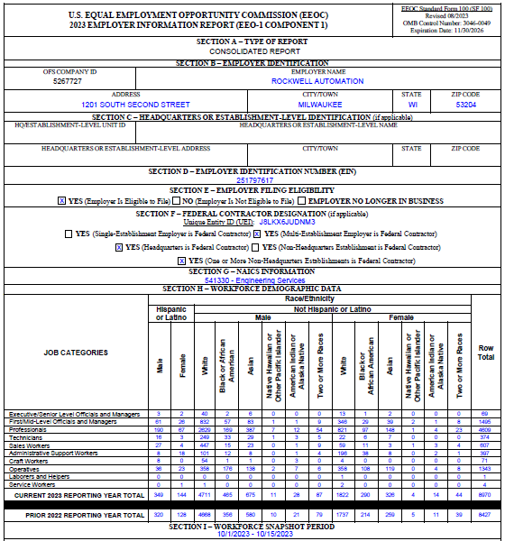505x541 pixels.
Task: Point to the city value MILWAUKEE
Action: (321, 105)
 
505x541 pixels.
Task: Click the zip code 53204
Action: (465, 105)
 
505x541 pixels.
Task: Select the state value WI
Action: (412, 105)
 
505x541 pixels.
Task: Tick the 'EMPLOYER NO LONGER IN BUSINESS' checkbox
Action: (306, 200)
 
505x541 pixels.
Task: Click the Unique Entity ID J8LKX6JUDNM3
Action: (287, 221)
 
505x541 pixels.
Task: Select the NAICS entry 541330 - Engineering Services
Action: (252, 280)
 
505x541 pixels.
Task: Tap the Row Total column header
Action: (485, 353)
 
